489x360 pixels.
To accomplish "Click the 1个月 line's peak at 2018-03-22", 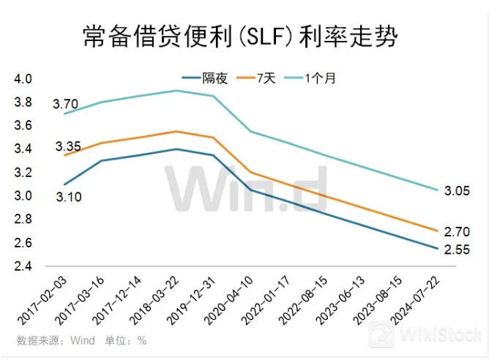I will click(176, 91).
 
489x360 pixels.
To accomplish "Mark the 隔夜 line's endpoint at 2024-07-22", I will click(438, 249).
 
